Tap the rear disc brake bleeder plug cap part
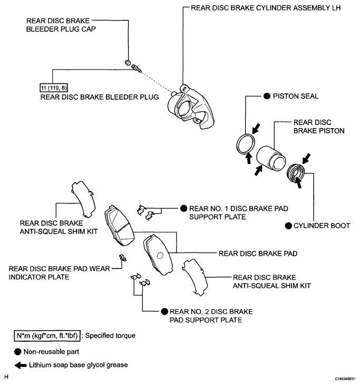coord(128,62)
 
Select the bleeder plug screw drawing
coord(137,68)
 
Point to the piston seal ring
coord(246,144)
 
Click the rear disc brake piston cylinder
coord(271,158)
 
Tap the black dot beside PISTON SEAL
coord(267,96)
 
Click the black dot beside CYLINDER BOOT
coord(288,225)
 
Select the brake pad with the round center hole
coord(158,255)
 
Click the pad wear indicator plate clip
coord(122,258)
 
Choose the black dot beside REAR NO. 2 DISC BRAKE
coord(164,311)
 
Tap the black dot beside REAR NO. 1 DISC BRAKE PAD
coord(183,208)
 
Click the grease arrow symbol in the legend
coord(21,365)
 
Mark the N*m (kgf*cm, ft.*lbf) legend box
coord(47,335)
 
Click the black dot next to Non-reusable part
coord(18,352)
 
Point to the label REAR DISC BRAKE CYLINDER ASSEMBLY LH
coord(266,8)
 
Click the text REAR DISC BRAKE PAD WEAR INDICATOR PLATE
coord(59,273)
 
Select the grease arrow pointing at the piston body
coord(258,171)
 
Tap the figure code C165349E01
coord(345,379)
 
